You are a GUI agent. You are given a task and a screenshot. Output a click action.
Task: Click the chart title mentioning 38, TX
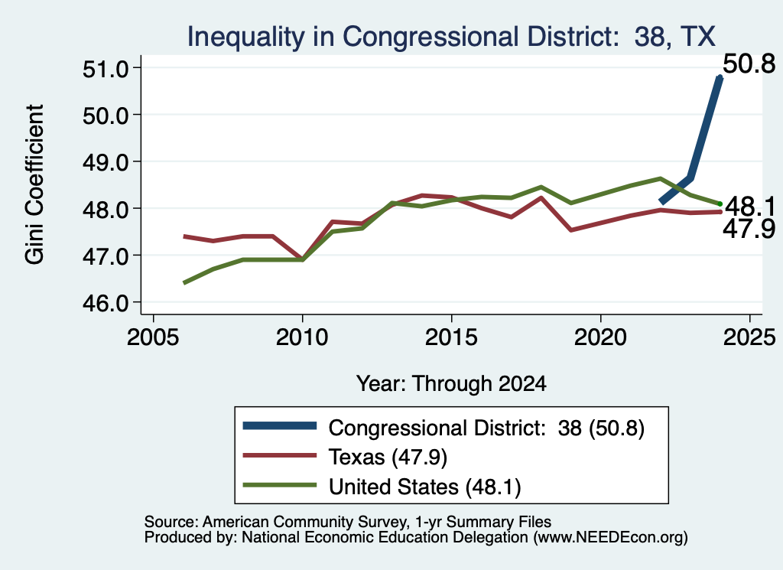tap(451, 37)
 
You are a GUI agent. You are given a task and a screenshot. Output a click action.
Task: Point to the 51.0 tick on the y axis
tap(105, 68)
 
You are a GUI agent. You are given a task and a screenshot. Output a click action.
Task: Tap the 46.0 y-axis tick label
tap(105, 303)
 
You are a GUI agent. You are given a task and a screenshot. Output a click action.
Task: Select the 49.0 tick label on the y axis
tap(105, 162)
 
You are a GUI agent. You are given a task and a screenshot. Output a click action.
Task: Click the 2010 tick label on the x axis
tap(302, 337)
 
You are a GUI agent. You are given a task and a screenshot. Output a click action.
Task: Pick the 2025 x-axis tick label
tap(749, 337)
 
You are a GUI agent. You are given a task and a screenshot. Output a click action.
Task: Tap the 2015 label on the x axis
tap(451, 337)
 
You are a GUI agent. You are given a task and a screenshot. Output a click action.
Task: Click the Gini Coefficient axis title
tap(35, 184)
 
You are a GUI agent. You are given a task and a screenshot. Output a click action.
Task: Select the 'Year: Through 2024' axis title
tap(451, 383)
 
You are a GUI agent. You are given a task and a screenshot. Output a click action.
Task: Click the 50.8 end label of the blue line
tap(749, 64)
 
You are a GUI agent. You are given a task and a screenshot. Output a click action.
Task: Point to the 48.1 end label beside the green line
tap(749, 207)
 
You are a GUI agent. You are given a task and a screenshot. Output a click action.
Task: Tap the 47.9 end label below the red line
tap(749, 230)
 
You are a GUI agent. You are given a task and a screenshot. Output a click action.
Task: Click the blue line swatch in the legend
tap(280, 425)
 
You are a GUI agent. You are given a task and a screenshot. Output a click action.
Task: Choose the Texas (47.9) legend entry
tap(388, 457)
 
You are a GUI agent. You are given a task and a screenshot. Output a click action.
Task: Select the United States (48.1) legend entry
tap(424, 487)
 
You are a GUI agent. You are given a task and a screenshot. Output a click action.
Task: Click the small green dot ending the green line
tap(720, 204)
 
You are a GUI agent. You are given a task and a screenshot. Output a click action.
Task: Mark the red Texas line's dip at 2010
tap(302, 259)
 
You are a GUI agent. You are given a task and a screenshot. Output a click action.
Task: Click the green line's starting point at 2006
tap(185, 283)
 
